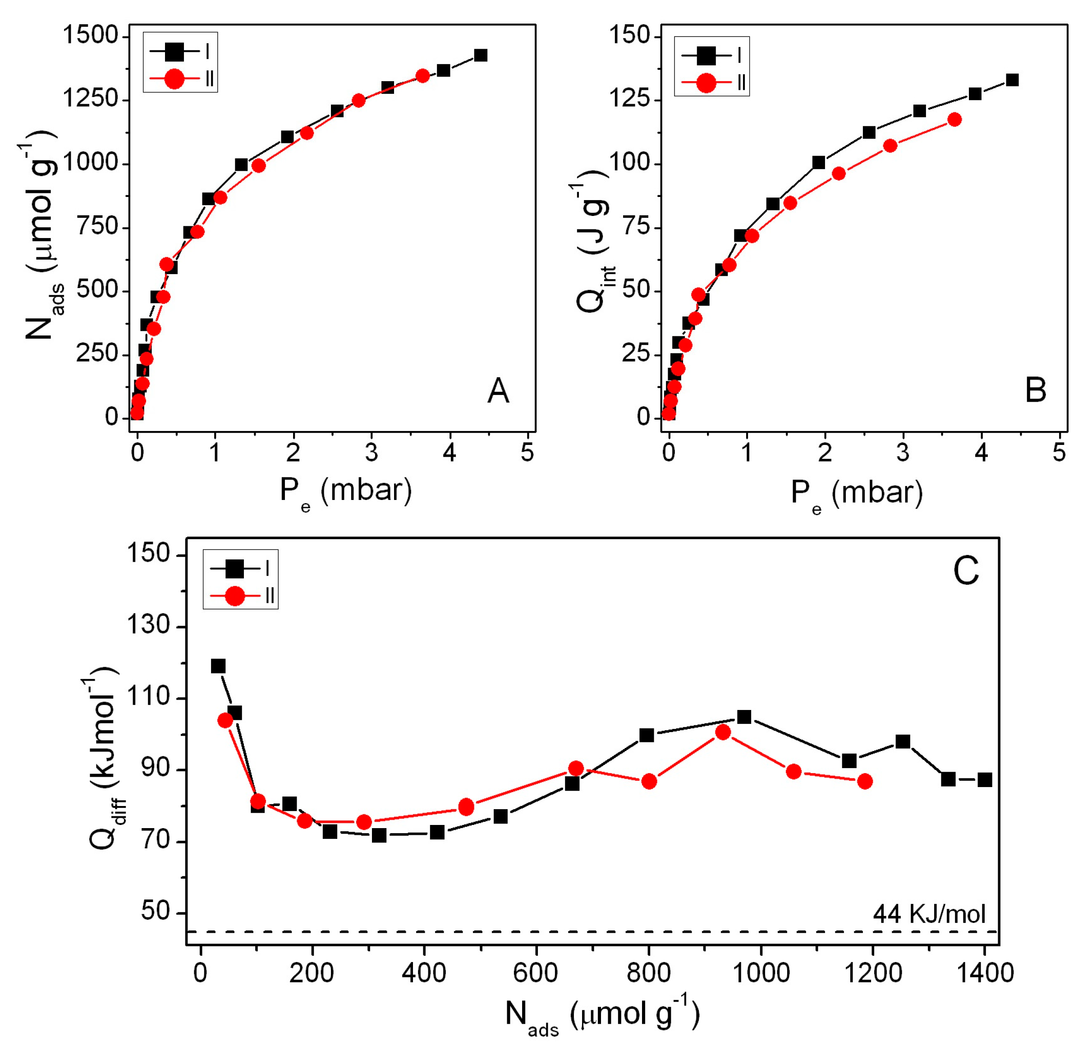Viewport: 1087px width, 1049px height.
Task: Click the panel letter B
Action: coord(1035,390)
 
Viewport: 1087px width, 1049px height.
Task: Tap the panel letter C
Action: coord(966,571)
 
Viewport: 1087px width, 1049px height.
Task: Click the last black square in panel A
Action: coord(480,55)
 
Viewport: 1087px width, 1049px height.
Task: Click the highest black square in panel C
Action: coord(218,666)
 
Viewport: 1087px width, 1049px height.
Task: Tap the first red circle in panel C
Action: coord(225,720)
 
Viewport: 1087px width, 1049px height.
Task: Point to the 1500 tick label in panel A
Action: coord(91,37)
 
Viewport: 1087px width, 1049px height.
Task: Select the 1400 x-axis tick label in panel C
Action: coord(984,973)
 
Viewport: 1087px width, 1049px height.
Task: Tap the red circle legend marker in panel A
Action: coord(174,79)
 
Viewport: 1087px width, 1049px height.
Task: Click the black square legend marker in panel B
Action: coord(706,55)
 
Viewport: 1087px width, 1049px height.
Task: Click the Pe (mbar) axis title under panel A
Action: coord(345,491)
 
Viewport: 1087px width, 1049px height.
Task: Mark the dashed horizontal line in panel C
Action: coord(555,931)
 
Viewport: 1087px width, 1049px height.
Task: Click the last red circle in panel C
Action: coord(864,782)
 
